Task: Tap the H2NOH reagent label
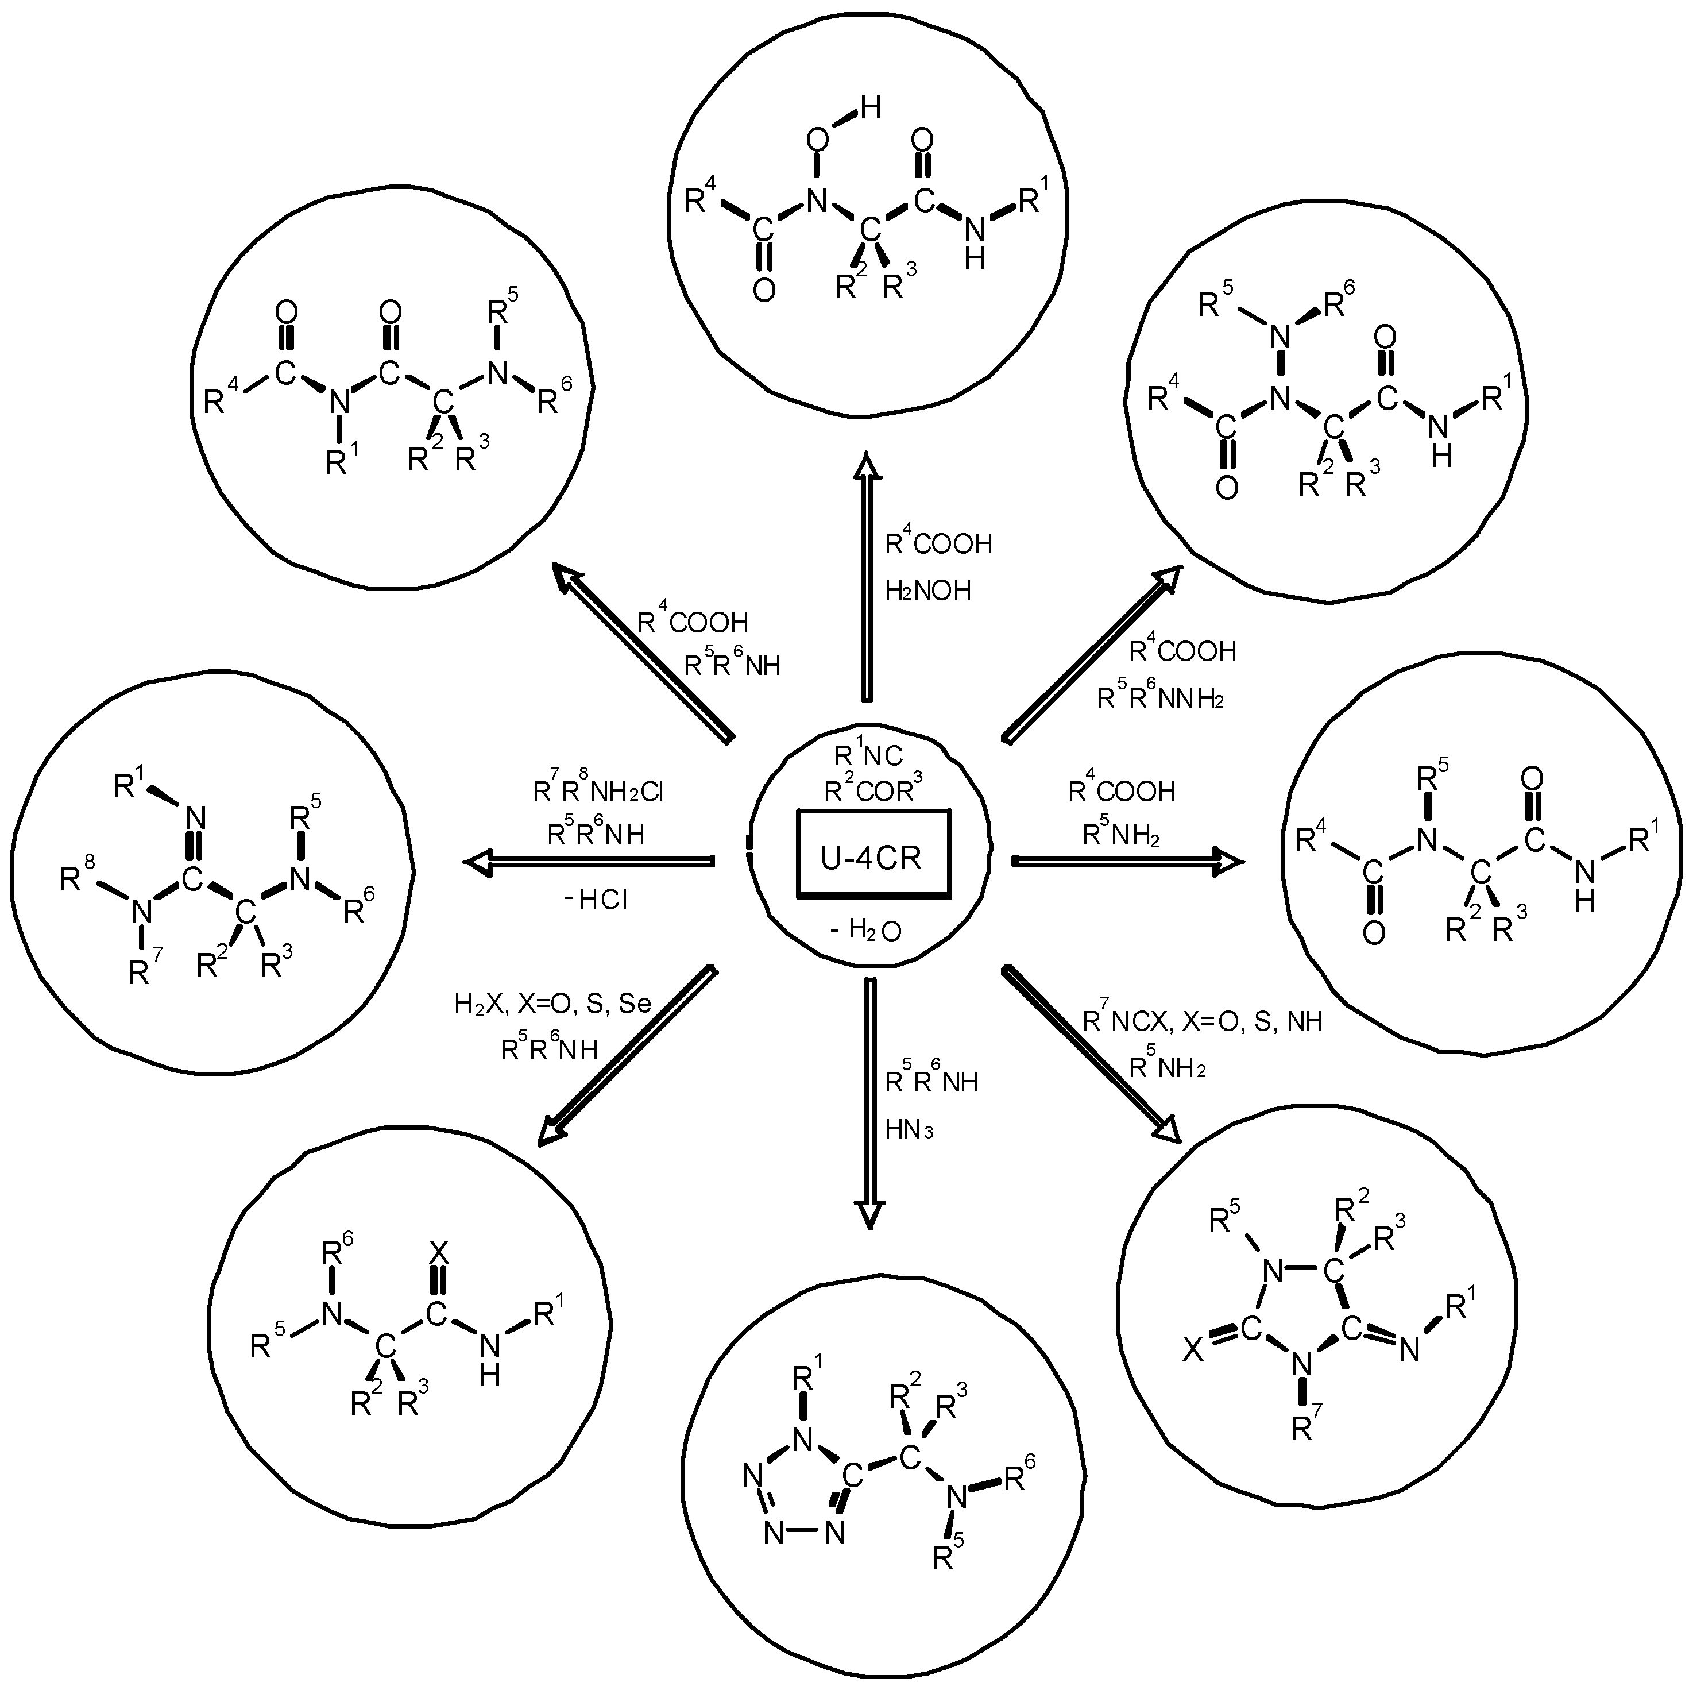927,591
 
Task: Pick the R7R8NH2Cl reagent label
598,792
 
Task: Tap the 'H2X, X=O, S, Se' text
552,1004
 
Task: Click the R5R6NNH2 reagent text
1159,699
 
